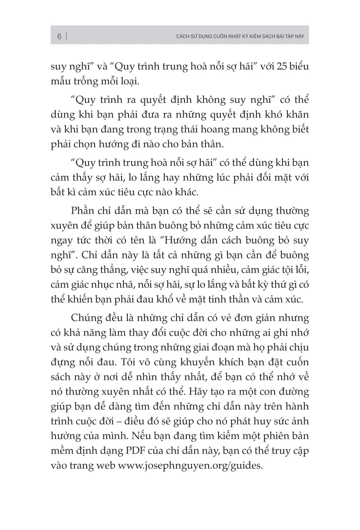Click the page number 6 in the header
(60, 36)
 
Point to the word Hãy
(198, 392)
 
